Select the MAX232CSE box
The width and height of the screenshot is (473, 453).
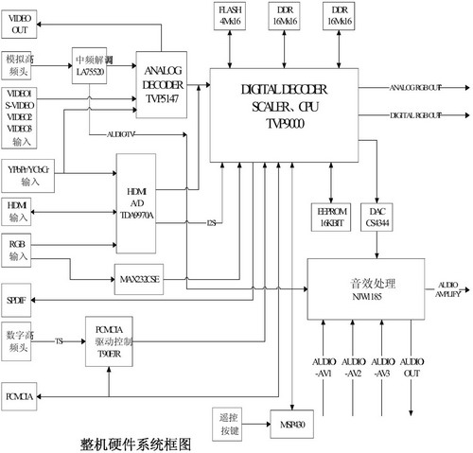138,280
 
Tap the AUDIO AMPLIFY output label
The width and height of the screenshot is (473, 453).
449,290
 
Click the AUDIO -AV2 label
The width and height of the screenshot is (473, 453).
353,368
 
